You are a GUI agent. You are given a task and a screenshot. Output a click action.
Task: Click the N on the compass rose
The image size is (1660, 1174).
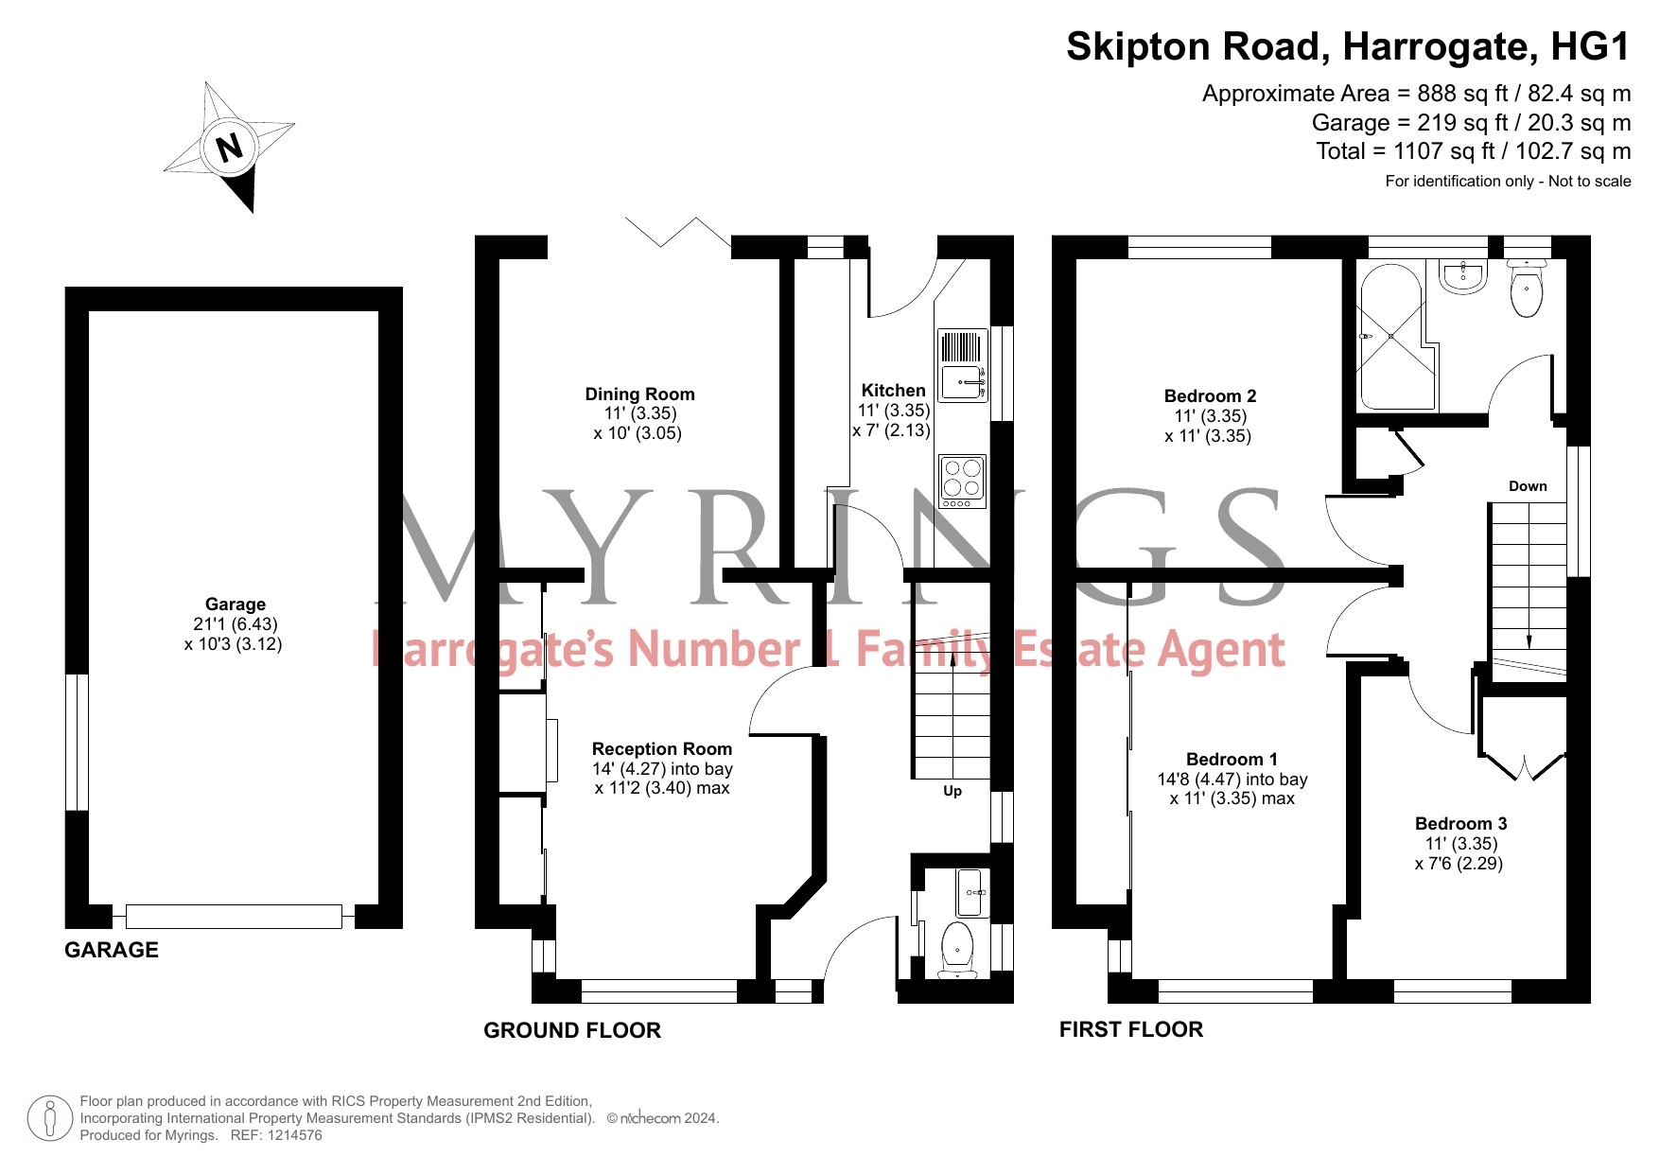[229, 147]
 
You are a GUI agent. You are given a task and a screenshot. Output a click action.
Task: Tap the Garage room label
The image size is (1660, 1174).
[236, 605]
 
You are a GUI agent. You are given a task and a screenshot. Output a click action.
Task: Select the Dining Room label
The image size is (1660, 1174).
[639, 394]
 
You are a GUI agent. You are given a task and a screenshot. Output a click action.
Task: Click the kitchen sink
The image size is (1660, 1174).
[962, 365]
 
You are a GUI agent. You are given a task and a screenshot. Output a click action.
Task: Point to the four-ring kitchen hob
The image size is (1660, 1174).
[963, 481]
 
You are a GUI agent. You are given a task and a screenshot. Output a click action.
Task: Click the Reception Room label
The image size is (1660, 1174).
[662, 749]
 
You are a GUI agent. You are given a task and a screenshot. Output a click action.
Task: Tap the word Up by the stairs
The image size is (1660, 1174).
[952, 791]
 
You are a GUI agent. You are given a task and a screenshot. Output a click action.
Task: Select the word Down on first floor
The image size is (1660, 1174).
[1528, 486]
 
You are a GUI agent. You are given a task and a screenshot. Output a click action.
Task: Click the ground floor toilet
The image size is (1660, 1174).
[957, 950]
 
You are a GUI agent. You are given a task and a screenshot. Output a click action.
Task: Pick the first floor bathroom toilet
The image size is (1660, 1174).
[1527, 288]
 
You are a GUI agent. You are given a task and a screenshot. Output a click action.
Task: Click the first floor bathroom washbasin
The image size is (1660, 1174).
[1462, 275]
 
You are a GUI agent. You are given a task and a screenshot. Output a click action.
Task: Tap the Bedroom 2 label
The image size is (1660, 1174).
[1210, 396]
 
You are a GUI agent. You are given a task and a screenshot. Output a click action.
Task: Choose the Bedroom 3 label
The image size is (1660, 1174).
[1460, 824]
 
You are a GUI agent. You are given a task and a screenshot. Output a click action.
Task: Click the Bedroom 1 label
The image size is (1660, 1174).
[1232, 760]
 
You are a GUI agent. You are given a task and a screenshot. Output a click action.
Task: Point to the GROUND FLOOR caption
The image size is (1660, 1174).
[572, 1030]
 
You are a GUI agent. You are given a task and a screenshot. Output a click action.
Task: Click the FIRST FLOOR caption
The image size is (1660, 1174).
[1131, 1029]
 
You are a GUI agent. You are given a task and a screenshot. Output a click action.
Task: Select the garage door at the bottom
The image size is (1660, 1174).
[234, 916]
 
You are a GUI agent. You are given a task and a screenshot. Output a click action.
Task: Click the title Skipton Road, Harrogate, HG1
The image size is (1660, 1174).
[1348, 46]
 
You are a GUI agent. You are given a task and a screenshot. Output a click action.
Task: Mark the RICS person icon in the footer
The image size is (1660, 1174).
[50, 1118]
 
